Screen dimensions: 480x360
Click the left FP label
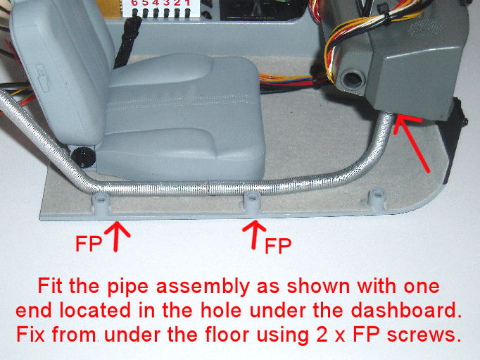click(89, 244)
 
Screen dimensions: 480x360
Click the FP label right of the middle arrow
click(278, 246)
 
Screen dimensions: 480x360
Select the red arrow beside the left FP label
click(117, 236)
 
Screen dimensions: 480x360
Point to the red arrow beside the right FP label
click(254, 235)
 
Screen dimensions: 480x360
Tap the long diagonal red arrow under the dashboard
click(411, 144)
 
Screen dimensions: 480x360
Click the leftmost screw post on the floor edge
click(101, 203)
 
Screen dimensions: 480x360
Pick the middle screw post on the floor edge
click(252, 202)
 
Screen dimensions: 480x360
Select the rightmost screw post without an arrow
click(377, 199)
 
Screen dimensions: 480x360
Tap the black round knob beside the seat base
click(83, 157)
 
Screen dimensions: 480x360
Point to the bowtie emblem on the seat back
click(44, 77)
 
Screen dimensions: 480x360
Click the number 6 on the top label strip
click(134, 3)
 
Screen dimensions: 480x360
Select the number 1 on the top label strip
click(187, 3)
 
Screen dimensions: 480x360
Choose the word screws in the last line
click(424, 335)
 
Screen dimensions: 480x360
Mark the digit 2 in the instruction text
click(322, 335)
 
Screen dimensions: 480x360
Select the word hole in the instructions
click(222, 311)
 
